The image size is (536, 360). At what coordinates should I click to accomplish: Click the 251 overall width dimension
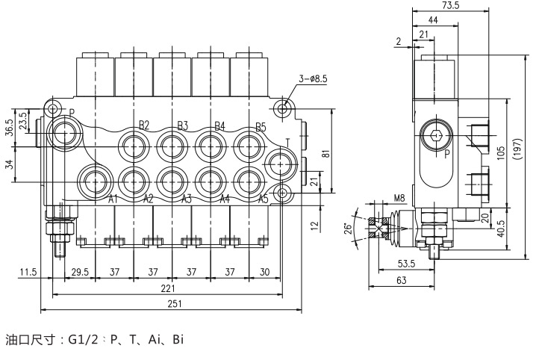(175, 304)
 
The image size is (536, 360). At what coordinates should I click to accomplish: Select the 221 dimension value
(168, 288)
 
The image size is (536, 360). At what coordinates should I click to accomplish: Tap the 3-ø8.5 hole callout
(313, 78)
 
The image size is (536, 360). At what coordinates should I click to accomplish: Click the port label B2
(144, 125)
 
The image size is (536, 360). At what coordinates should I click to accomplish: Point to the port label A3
(186, 199)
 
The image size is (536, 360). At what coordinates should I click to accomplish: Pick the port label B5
(261, 127)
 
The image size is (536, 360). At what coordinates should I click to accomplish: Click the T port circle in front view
(280, 165)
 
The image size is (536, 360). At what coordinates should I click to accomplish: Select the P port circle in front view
(64, 133)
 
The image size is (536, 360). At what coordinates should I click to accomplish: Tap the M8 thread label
(399, 198)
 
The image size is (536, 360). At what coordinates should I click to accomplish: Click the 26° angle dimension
(347, 228)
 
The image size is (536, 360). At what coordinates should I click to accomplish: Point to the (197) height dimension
(518, 149)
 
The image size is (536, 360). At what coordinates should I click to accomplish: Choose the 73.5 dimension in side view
(451, 5)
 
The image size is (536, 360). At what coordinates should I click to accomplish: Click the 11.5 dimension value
(28, 272)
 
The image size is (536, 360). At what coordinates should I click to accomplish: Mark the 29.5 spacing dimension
(80, 272)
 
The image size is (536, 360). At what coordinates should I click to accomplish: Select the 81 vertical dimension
(326, 153)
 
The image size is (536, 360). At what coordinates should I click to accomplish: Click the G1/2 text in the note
(83, 339)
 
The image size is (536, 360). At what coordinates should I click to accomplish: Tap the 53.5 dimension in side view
(406, 264)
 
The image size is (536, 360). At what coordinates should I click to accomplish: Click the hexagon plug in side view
(436, 135)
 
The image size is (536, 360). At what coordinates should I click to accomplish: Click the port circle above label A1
(95, 180)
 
